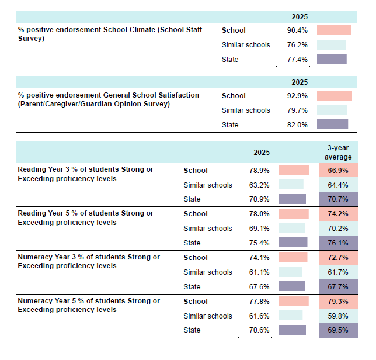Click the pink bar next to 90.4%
(334, 30)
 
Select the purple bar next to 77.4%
(332, 59)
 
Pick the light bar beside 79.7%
(332, 110)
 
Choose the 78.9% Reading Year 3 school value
(259, 171)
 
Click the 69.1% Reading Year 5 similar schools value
(259, 229)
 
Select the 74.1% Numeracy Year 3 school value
(259, 258)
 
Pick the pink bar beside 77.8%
(294, 301)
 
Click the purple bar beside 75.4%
(293, 243)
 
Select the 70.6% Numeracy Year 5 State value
(259, 330)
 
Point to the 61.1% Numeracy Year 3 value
(259, 272)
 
